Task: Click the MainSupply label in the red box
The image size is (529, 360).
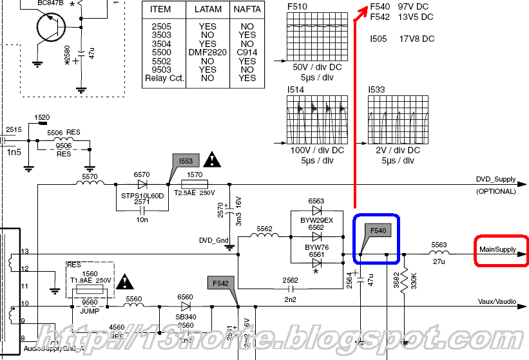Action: [497, 250]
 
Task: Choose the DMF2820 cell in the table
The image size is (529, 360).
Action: [207, 53]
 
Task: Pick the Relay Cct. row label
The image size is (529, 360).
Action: [164, 78]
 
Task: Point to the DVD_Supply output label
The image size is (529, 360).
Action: [495, 180]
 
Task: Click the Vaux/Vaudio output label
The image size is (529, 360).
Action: [497, 301]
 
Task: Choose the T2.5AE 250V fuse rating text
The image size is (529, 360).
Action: [195, 193]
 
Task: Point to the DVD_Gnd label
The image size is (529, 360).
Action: [215, 240]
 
